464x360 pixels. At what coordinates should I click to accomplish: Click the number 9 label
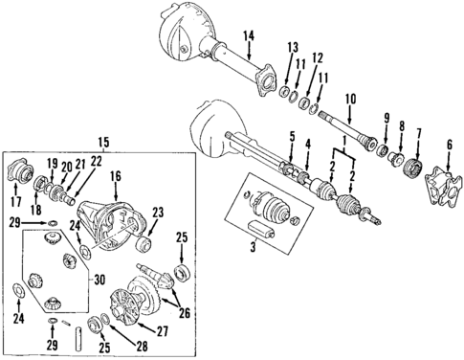386,118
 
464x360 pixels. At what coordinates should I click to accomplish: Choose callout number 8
402,125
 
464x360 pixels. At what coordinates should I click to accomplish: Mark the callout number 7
418,133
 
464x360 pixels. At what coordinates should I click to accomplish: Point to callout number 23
158,213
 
